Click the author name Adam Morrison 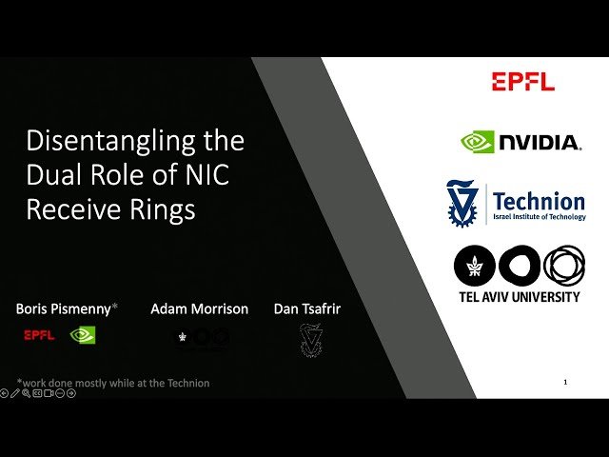(199, 308)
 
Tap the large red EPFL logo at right (522, 82)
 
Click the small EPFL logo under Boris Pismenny (39, 335)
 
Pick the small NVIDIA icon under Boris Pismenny (84, 335)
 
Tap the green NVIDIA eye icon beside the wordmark (478, 143)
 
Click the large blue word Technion (539, 201)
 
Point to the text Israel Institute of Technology (539, 218)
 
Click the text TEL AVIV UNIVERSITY (519, 297)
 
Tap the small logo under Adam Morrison (201, 337)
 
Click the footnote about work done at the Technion (113, 383)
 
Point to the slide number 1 (566, 382)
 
